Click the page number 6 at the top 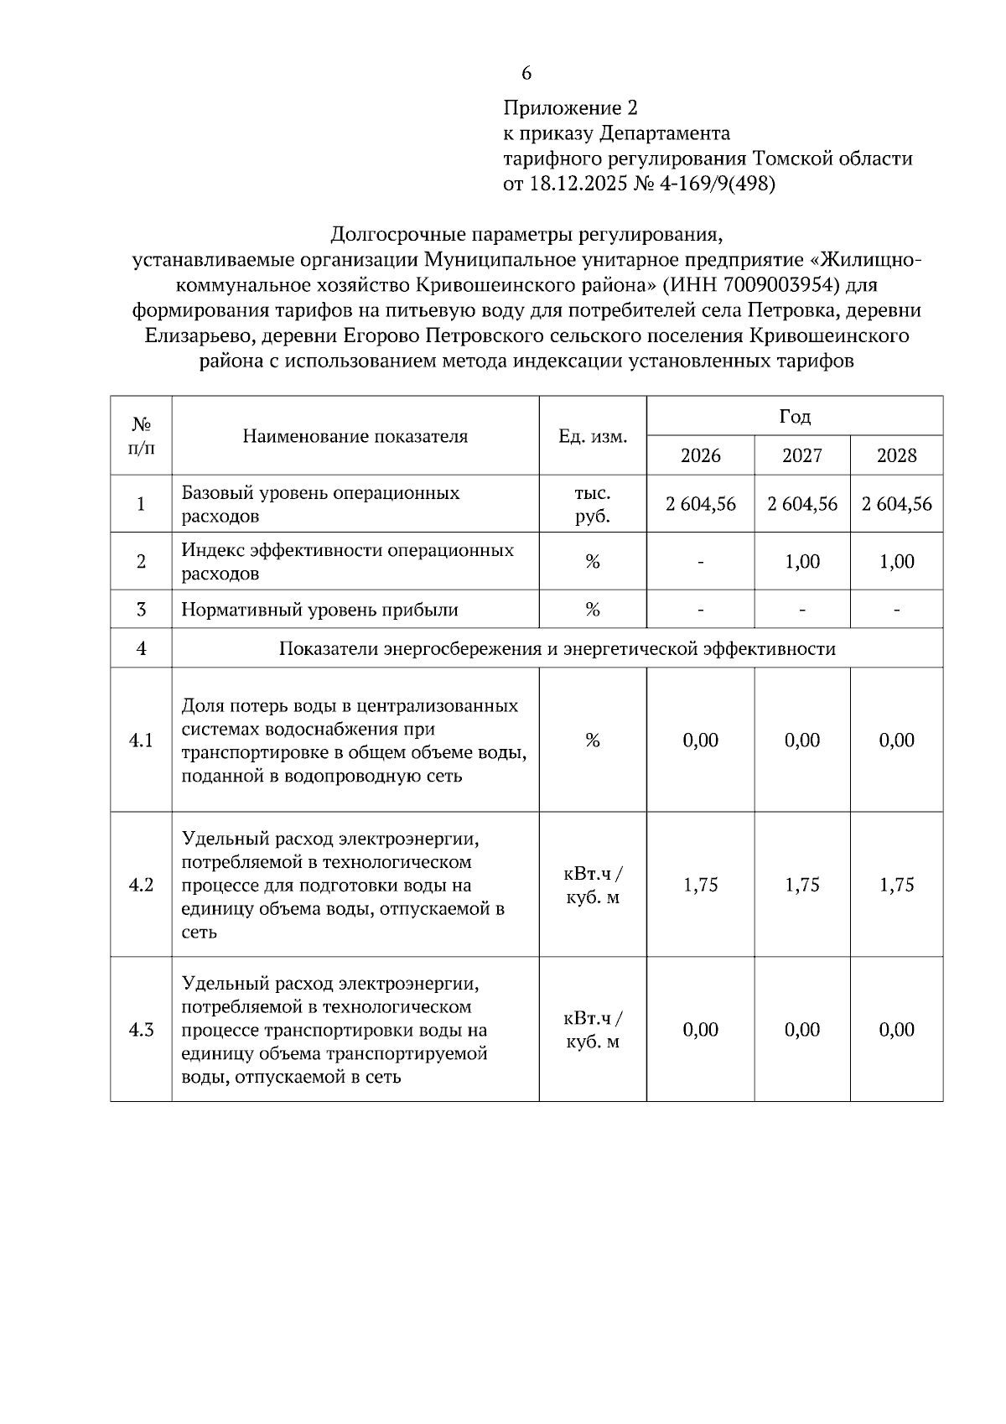coord(526,74)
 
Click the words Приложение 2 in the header coord(570,108)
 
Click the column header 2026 coord(700,455)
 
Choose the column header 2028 coord(896,455)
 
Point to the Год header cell coord(794,416)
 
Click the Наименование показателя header coord(355,436)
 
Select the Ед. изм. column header coord(593,436)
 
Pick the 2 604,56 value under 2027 coord(802,504)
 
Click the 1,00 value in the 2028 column coord(896,562)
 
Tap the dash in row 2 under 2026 coord(700,562)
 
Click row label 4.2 coord(141,885)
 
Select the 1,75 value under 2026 coord(700,885)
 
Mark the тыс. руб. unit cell coord(593,504)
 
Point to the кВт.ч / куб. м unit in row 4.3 coord(593,1030)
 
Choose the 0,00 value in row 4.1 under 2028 coord(896,740)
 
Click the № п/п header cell coord(141,436)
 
